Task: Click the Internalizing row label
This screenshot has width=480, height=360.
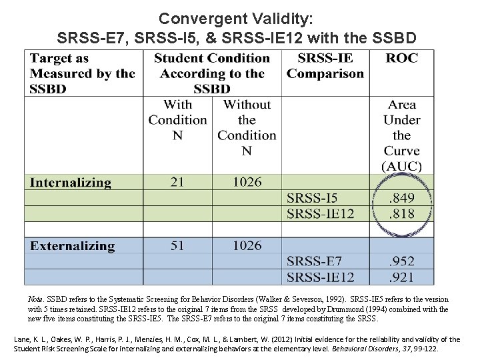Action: (70, 182)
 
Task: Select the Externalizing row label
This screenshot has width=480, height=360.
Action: (72, 246)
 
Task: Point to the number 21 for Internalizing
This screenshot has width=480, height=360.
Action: (177, 181)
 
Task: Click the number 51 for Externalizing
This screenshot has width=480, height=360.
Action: (177, 245)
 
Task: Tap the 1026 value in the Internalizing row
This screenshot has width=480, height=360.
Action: (247, 181)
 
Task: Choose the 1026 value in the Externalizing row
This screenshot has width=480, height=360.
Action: (247, 245)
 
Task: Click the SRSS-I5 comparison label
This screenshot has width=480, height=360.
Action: (313, 197)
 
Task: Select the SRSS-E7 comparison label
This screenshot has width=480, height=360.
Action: (313, 261)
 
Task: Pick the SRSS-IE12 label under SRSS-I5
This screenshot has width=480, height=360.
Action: (321, 213)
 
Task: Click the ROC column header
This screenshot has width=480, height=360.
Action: (402, 58)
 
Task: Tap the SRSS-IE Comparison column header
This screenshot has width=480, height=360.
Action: (325, 65)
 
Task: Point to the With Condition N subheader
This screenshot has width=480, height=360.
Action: (177, 119)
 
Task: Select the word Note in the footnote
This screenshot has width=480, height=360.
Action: (37, 300)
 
